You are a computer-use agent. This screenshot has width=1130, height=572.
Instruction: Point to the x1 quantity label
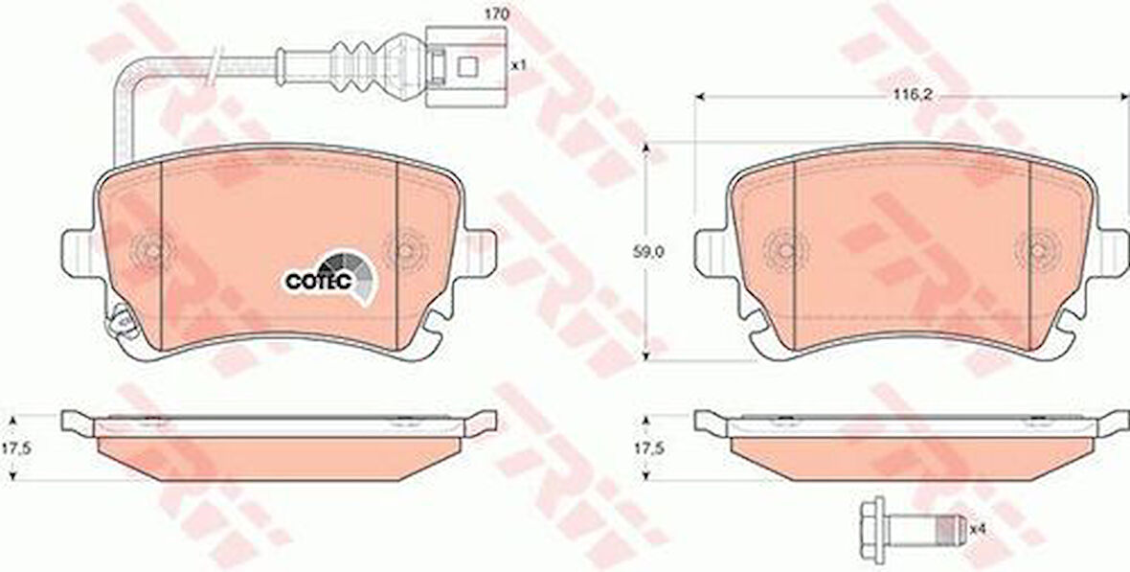518,64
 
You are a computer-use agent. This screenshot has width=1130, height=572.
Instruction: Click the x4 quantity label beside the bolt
977,529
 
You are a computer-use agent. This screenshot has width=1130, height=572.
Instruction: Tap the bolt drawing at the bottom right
913,529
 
